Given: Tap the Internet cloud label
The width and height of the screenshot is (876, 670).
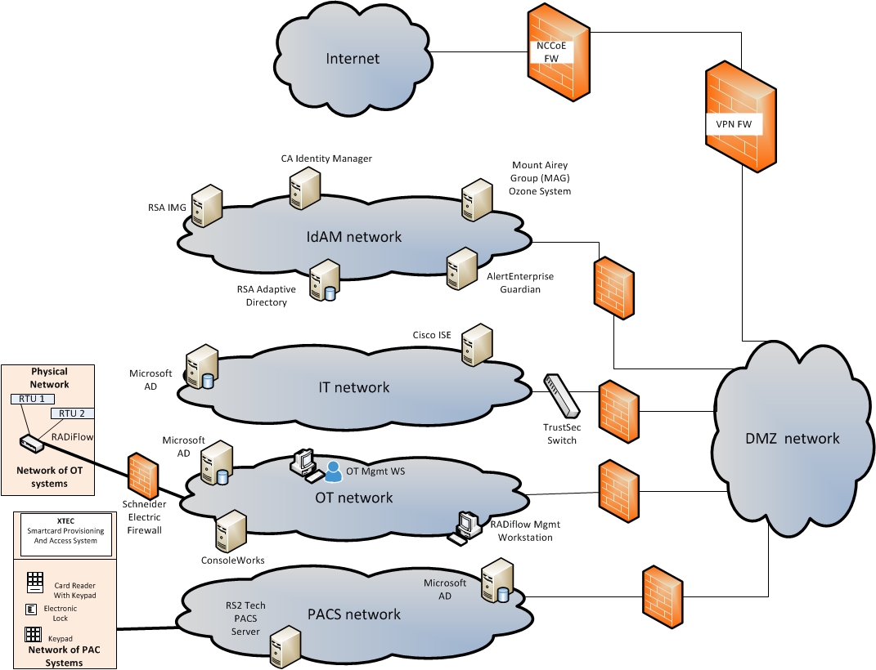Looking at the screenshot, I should [x=353, y=58].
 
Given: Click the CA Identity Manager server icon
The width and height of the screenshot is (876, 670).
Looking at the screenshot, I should [x=304, y=188].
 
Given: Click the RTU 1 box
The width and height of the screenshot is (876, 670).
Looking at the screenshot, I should [x=33, y=399].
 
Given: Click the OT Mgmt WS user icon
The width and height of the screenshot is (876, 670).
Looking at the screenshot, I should [x=333, y=471].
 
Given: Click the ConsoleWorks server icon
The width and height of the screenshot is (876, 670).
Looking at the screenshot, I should [x=230, y=533].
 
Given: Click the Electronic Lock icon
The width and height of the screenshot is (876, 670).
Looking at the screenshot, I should [x=31, y=610].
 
